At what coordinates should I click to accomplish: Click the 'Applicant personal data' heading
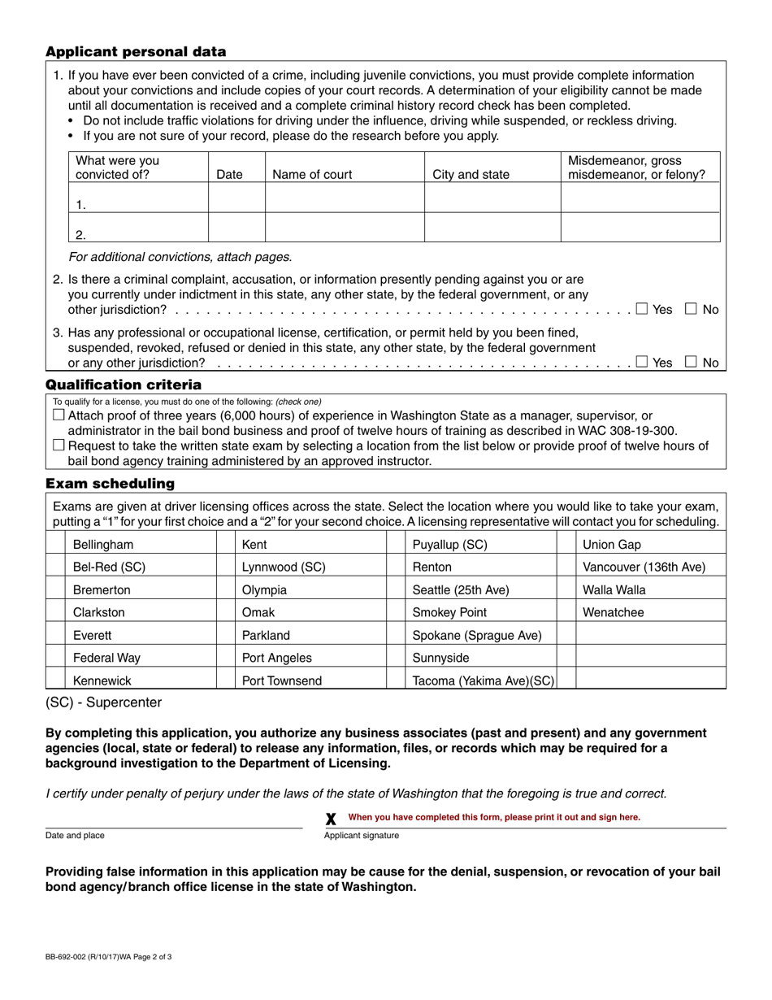[x=136, y=52]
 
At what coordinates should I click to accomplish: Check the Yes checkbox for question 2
[x=642, y=309]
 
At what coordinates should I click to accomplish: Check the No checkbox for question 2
[x=691, y=309]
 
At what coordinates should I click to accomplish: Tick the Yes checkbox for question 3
[x=642, y=363]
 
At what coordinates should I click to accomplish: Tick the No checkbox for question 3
[x=691, y=363]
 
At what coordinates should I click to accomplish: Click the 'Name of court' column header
[x=312, y=174]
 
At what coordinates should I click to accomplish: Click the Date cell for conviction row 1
[x=236, y=198]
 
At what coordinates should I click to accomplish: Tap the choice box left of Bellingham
[x=55, y=545]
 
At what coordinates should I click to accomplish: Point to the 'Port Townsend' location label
[x=282, y=681]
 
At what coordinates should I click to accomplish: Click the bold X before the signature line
[x=331, y=820]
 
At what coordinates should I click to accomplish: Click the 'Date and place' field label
[x=75, y=835]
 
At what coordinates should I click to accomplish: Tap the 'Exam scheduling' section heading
[x=110, y=484]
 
